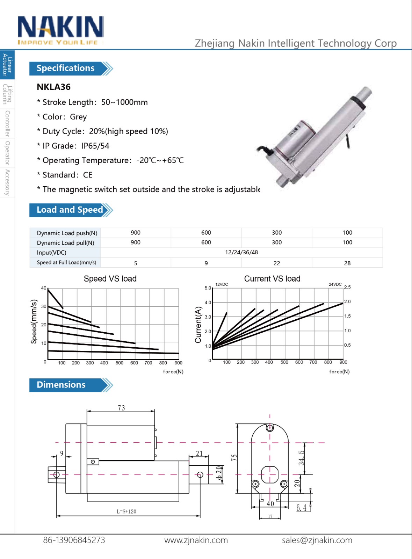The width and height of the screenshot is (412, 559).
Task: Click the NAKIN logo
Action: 61,30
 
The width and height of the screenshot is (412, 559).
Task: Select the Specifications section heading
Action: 66,68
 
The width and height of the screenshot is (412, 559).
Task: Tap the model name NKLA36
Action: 54,87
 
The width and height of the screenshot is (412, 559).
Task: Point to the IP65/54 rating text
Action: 95,146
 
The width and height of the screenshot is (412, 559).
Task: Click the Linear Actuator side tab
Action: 7,65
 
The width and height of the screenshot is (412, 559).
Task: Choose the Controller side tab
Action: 7,124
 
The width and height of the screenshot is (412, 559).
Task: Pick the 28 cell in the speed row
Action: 347,263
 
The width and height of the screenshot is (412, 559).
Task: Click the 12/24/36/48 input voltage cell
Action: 241,252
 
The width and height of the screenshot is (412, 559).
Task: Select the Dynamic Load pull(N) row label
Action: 65,243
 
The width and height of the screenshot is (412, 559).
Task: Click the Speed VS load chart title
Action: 110,278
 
